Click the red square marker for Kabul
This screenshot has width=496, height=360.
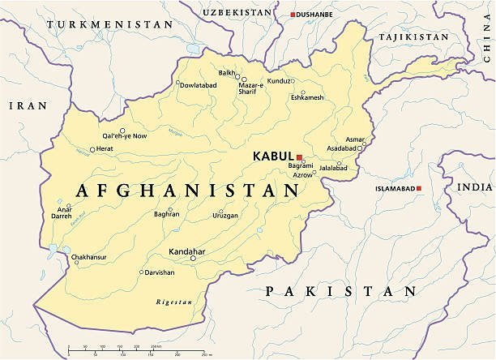pyautogui.click(x=299, y=157)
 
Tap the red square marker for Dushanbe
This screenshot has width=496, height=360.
pyautogui.click(x=293, y=15)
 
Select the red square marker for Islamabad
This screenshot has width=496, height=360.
pyautogui.click(x=420, y=188)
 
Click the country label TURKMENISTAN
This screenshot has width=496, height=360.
pyautogui.click(x=109, y=25)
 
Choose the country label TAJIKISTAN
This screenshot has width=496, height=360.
pyautogui.click(x=416, y=37)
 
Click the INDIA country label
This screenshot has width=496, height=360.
pyautogui.click(x=475, y=187)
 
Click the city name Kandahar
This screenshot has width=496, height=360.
pyautogui.click(x=188, y=251)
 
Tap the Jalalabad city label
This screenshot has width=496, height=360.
pyautogui.click(x=333, y=168)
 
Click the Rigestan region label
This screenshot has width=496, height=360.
pyautogui.click(x=174, y=302)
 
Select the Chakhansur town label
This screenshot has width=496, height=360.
pyautogui.click(x=88, y=258)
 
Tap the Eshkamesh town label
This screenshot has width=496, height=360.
pyautogui.click(x=307, y=98)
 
